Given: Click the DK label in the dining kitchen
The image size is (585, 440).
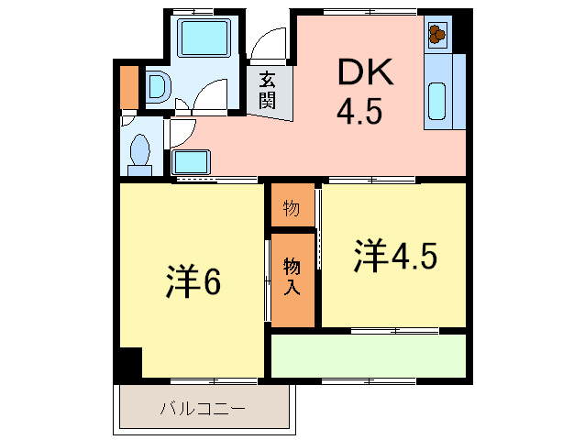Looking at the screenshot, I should (x=364, y=71).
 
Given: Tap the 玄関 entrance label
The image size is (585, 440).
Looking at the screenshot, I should (x=268, y=90).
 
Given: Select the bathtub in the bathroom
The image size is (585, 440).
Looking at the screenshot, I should (x=204, y=41).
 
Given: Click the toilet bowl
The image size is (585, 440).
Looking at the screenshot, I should (x=141, y=152).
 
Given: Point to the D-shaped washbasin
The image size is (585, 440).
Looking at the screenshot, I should (x=157, y=88).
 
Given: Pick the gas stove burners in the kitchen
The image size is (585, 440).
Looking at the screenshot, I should (x=436, y=35).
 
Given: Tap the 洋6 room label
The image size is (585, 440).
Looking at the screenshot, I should (x=193, y=283).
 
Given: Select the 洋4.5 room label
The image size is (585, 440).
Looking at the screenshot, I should (x=395, y=258).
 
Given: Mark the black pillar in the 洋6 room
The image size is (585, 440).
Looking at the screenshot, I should (x=127, y=363).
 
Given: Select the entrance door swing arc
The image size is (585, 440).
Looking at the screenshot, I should (x=268, y=46).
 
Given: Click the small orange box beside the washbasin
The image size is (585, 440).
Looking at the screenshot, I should (x=128, y=85).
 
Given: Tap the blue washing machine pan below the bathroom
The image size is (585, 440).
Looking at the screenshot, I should (x=192, y=163).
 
